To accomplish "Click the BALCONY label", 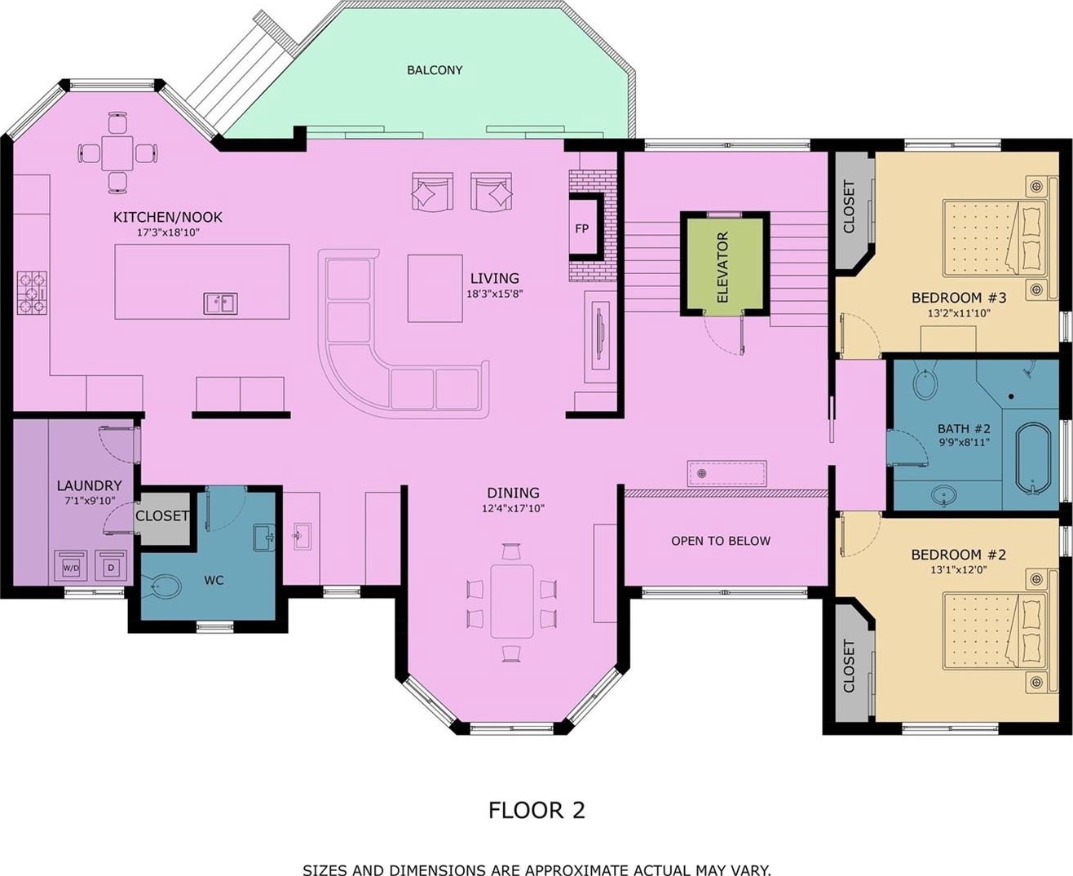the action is pos(435,70).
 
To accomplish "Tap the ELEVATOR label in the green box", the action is pos(722,267).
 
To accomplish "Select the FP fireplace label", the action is pos(581,229).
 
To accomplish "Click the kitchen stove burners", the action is pos(33,293).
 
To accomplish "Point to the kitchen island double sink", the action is pos(221,304).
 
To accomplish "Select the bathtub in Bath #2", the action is pos(1033,459).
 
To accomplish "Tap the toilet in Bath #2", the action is pos(925,381).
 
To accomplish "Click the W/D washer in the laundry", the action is pos(71,568).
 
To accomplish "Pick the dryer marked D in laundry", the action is pos(111,568).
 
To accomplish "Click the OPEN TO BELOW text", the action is pos(721,541).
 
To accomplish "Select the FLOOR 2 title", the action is pos(536,810).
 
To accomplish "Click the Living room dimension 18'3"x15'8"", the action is pos(495,294).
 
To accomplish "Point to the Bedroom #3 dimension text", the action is pos(959,313).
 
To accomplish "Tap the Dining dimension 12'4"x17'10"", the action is pos(514,508).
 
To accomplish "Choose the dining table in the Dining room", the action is pos(512,601).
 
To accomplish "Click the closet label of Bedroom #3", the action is pos(849,206).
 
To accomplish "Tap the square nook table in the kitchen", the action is pos(117,153).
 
